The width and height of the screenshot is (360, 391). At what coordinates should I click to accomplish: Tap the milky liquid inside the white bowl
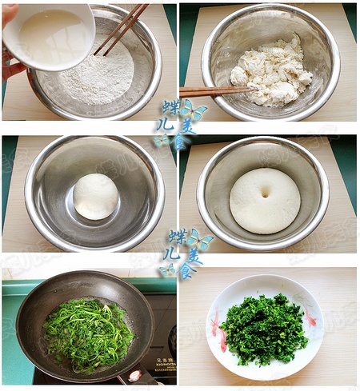53,36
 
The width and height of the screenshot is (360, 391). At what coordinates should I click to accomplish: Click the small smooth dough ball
96,196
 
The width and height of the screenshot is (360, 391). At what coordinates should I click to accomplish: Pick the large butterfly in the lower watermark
200,240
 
